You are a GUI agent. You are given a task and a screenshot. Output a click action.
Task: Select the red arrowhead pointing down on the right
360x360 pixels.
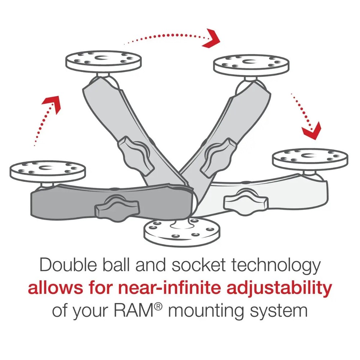click(x=311, y=131)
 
